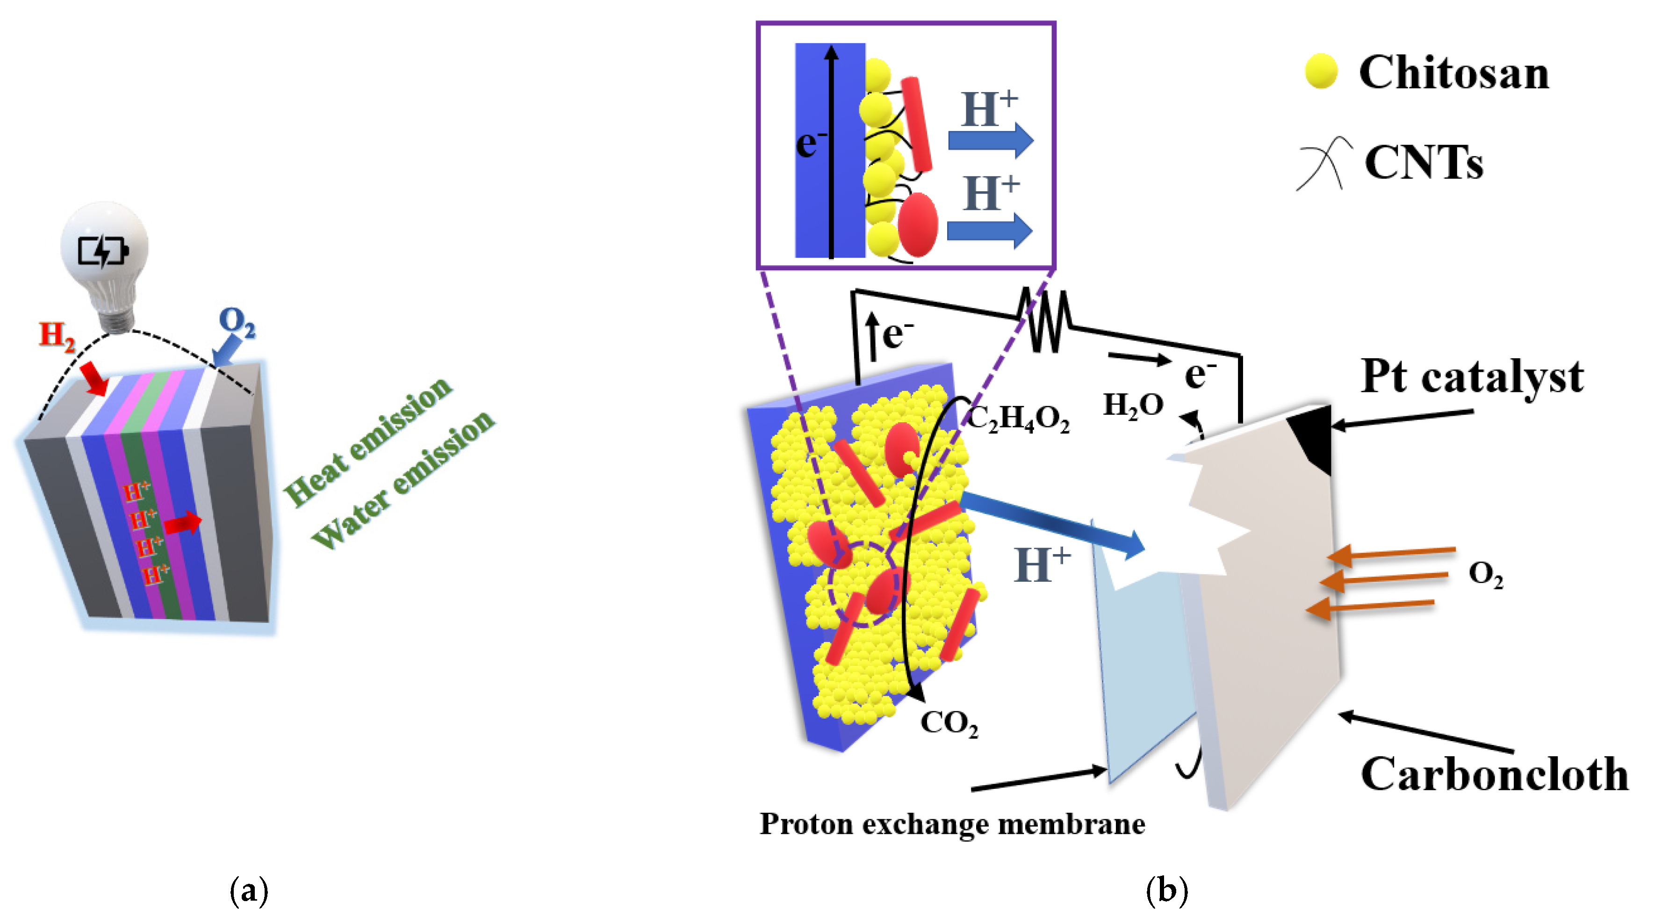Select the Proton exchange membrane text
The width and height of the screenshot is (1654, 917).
pyautogui.click(x=952, y=824)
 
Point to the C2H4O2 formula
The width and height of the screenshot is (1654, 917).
pyautogui.click(x=1018, y=419)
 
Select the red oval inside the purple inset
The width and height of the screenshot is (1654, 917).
pyautogui.click(x=918, y=225)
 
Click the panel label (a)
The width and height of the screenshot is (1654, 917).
pyautogui.click(x=249, y=891)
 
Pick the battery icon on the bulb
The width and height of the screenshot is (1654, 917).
pyautogui.click(x=103, y=251)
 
